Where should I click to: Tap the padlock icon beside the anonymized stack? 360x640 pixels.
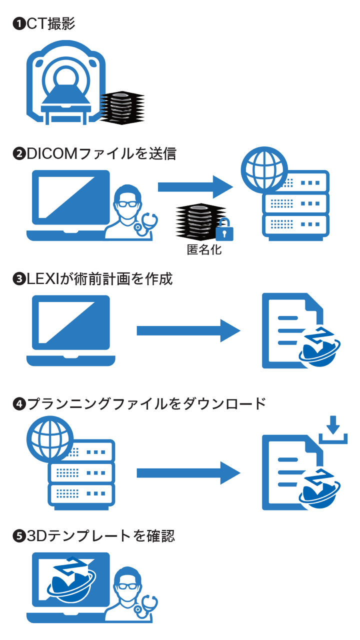(224, 230)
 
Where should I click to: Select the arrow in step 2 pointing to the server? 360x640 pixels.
(195, 187)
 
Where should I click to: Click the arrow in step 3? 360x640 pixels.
(188, 330)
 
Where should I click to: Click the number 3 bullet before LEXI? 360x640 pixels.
(19, 279)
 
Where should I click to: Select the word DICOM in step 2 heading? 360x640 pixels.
(52, 153)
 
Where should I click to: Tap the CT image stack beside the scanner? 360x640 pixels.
(121, 107)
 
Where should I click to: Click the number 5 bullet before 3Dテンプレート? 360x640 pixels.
(19, 536)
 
